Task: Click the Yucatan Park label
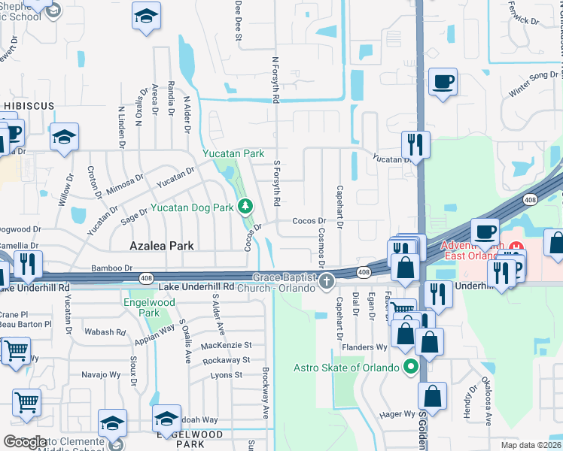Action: pos(233,153)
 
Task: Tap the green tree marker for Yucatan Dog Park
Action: pos(245,206)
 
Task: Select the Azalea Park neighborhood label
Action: pos(162,246)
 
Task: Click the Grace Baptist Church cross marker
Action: pos(327,282)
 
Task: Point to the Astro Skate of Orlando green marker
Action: pos(410,368)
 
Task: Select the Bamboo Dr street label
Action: pos(111,268)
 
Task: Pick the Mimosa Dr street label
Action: pos(125,184)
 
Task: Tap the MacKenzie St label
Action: pos(227,345)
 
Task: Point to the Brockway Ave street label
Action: pos(266,393)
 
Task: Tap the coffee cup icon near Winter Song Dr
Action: pos(443,81)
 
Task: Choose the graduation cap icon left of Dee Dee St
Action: pos(146,17)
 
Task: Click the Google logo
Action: pos(24,442)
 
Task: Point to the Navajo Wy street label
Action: pos(99,374)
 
